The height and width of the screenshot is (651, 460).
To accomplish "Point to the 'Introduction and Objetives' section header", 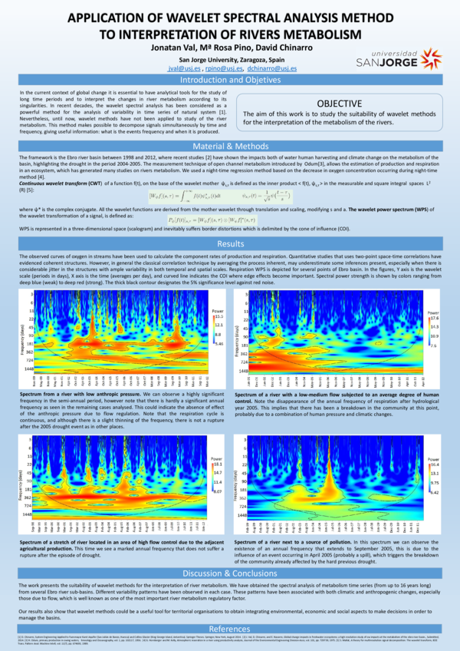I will [229, 80].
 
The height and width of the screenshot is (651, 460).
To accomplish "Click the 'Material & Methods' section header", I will [229, 145].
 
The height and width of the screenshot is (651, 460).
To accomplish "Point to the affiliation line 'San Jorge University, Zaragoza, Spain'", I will [229, 58].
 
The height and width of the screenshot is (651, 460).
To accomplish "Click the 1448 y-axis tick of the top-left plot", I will [27, 368].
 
